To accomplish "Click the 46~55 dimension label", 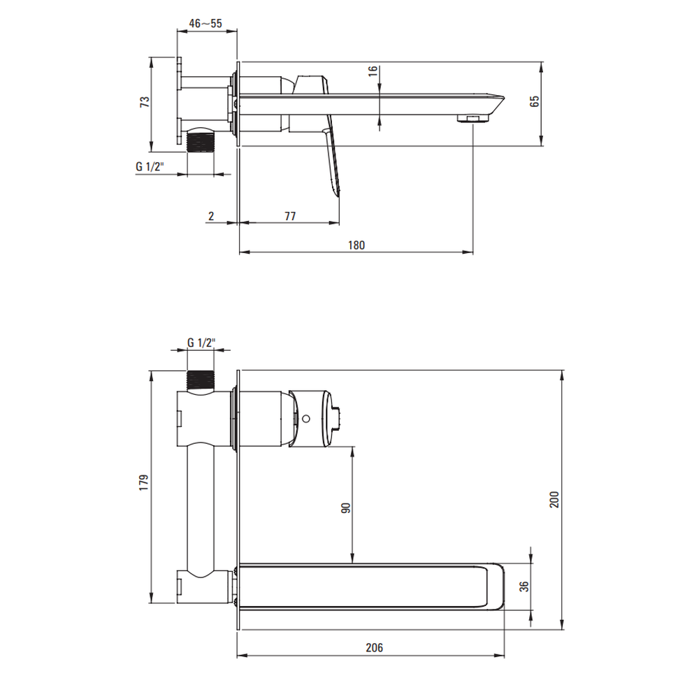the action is tap(206, 24).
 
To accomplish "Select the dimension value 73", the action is tap(145, 101).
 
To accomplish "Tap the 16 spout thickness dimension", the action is tap(373, 71).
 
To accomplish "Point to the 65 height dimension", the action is tap(535, 101).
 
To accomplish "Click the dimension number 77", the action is tap(290, 216).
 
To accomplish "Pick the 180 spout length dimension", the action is tap(356, 245).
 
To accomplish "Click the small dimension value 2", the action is tap(211, 216).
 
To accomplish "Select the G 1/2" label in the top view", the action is tap(150, 167).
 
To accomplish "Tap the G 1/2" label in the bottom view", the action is tap(201, 343).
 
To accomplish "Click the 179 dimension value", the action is tap(143, 483).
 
